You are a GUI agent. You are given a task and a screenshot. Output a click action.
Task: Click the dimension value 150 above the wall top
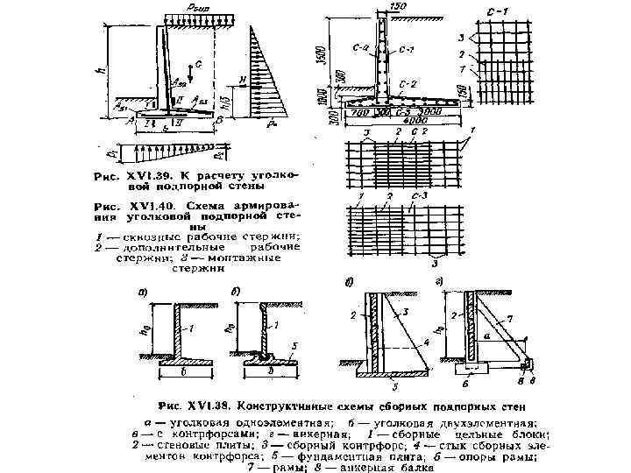400,8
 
